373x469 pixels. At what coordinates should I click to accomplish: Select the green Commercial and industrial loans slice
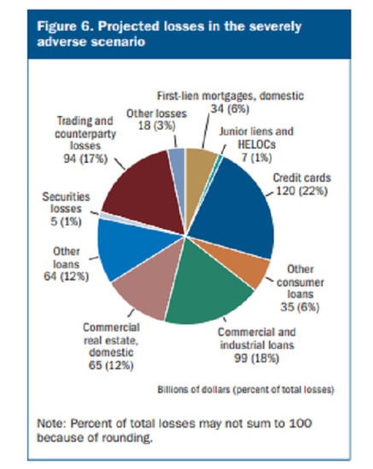pos(207,287)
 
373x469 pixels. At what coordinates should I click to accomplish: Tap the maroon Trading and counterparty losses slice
pos(143,191)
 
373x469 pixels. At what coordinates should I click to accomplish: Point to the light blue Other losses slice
pos(178,167)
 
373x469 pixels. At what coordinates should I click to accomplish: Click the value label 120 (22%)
pos(301,190)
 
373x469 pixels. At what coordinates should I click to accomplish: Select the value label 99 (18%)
pos(257,358)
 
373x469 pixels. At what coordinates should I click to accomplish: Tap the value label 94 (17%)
pos(85,159)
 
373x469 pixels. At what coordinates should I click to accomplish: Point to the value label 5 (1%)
pos(66,222)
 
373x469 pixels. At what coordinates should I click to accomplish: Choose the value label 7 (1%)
pos(257,158)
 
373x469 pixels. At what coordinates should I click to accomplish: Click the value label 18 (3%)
pos(156,125)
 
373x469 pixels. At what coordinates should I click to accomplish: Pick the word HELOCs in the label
pos(257,145)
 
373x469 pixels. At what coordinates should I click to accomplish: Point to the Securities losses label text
pos(66,203)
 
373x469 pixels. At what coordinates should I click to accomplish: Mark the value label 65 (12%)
pos(111,365)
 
